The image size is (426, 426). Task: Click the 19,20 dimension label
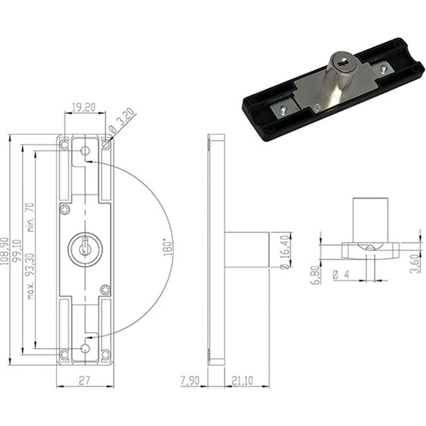tap(84, 108)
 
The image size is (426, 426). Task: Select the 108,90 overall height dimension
tap(4, 251)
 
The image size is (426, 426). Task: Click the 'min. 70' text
tap(30, 217)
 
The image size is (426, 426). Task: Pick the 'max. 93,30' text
tap(30, 276)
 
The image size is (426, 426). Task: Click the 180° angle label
tap(168, 247)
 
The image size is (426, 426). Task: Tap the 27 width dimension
tap(84, 381)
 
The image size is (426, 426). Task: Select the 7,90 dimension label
tap(190, 380)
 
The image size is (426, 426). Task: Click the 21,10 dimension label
tap(243, 380)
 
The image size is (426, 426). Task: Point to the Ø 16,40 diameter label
tap(285, 252)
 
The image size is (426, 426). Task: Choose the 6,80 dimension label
tap(315, 275)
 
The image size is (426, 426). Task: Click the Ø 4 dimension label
tap(341, 275)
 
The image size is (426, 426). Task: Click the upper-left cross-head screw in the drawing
tap(65, 209)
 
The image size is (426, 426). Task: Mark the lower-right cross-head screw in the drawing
tap(105, 290)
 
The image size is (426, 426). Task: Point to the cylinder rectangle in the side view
tap(247, 250)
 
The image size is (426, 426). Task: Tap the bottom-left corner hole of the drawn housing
tap(64, 355)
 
